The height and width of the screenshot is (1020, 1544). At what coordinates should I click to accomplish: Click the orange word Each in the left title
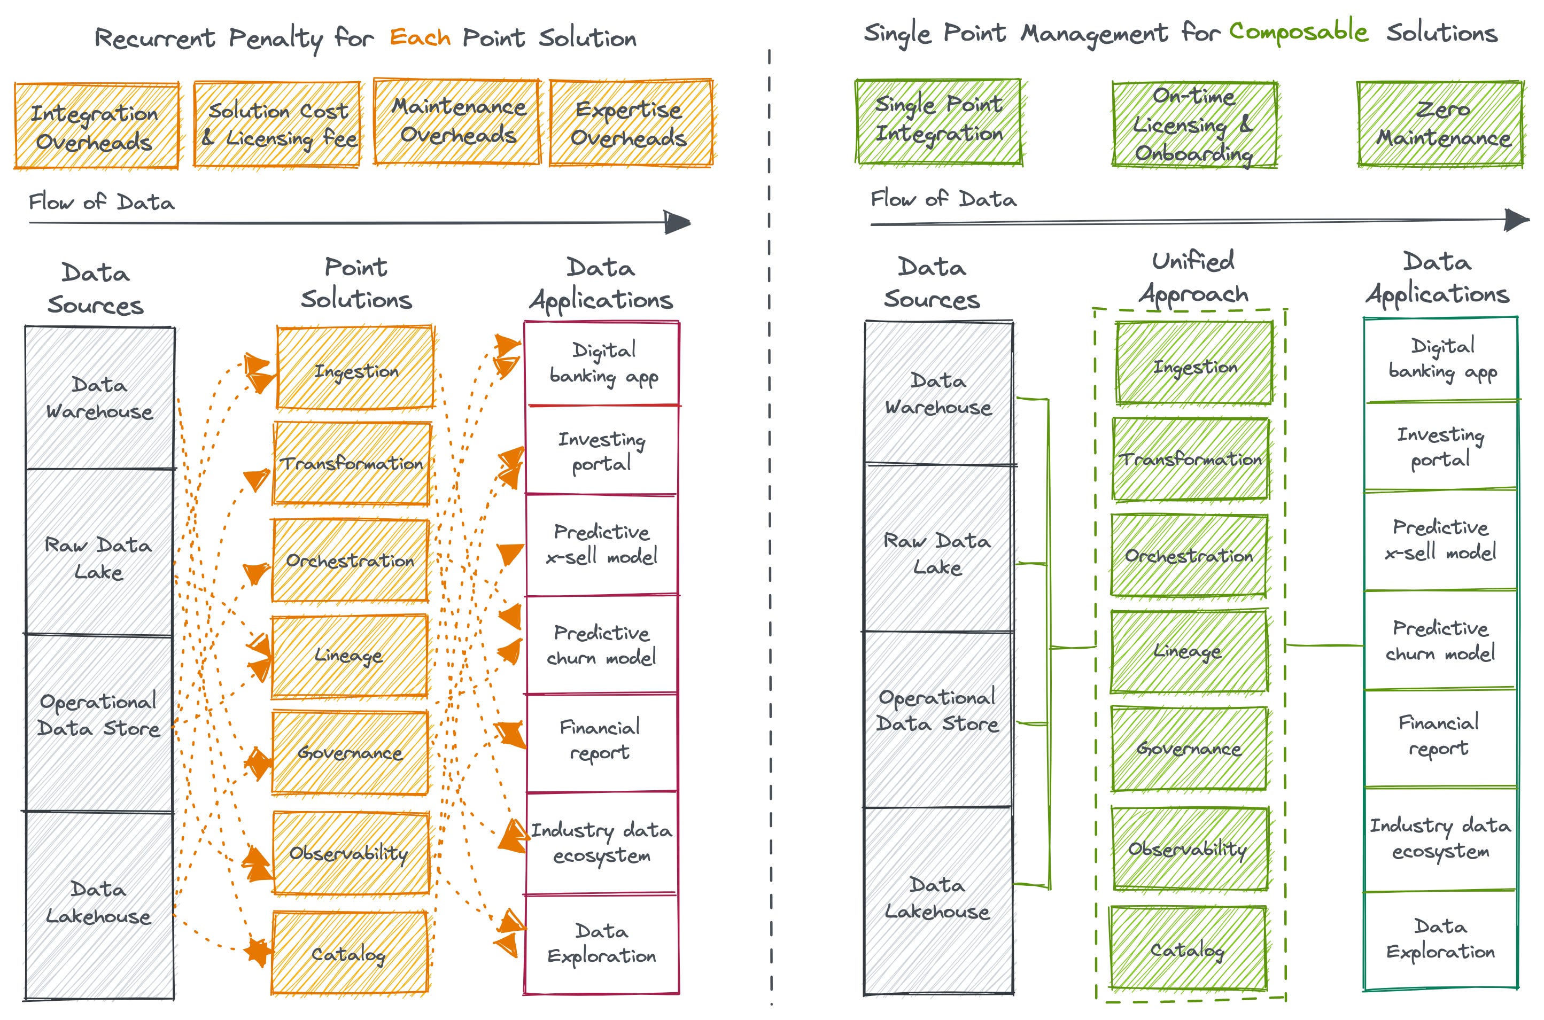[420, 38]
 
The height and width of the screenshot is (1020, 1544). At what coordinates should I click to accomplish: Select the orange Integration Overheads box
[96, 126]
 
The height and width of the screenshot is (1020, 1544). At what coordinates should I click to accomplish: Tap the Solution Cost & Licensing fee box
[277, 124]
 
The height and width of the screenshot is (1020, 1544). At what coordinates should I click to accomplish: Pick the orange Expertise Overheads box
[630, 123]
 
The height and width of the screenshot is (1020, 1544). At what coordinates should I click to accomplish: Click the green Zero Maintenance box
[1439, 123]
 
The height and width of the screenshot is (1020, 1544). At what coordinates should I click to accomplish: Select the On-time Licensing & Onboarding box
[1194, 124]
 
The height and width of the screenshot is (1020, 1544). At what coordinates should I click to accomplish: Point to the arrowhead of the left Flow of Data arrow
[678, 222]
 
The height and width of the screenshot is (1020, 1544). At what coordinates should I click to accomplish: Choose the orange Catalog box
[350, 953]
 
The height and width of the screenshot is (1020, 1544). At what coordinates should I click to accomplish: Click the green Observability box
[1189, 849]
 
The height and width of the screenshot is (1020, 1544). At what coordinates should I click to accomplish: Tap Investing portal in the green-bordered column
[1440, 447]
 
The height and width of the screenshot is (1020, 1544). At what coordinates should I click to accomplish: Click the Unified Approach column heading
[1193, 278]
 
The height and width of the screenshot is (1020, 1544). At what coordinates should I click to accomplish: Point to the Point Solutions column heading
[356, 283]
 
